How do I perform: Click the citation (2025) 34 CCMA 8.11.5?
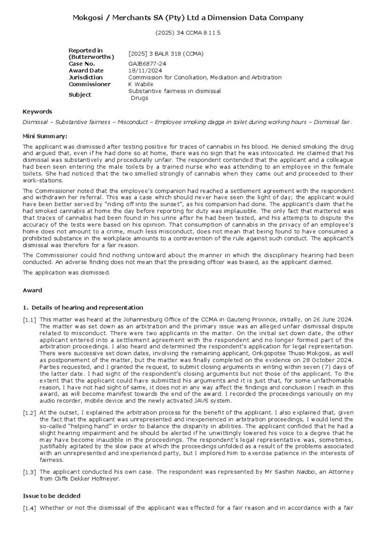click(x=188, y=33)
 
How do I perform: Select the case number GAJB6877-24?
click(x=147, y=64)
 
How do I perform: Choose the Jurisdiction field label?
click(x=86, y=77)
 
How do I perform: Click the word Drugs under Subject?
click(x=140, y=98)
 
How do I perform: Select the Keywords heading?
click(x=37, y=112)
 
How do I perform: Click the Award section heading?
click(x=32, y=291)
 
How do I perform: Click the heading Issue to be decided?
click(x=52, y=496)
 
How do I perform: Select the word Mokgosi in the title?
click(x=88, y=18)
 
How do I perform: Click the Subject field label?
click(x=80, y=95)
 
